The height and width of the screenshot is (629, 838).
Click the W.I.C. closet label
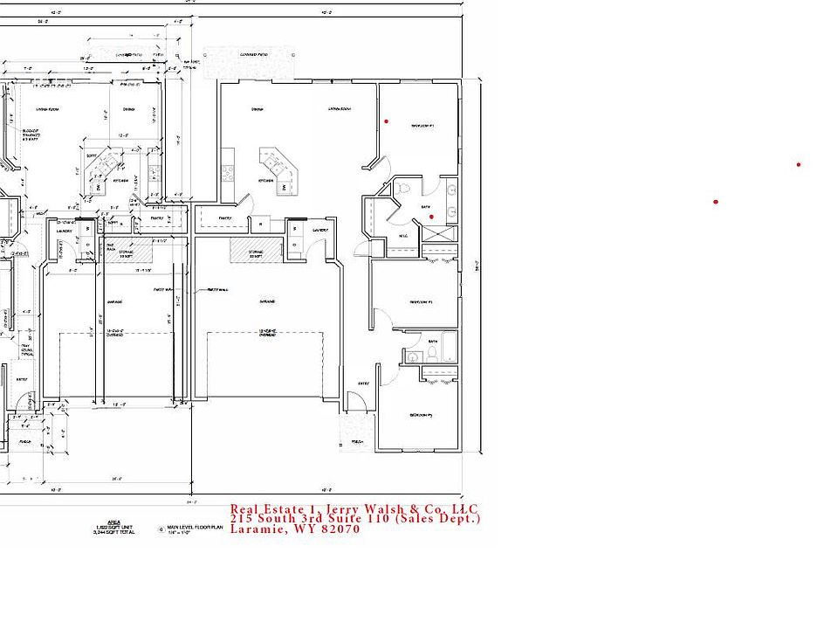[x=403, y=236]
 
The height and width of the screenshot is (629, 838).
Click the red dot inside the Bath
[x=431, y=217]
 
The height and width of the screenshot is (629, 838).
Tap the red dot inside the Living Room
[x=387, y=121]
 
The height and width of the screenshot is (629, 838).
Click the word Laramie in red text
[x=259, y=529]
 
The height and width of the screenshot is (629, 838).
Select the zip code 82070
[x=340, y=529]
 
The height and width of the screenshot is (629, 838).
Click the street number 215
[x=242, y=518]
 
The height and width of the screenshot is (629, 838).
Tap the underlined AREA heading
[x=113, y=521]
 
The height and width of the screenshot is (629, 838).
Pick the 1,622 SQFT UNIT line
[x=113, y=527]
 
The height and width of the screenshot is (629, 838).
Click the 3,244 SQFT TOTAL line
[x=113, y=533]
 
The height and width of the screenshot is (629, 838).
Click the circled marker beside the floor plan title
[x=161, y=529]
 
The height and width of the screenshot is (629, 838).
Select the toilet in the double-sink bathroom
[x=403, y=188]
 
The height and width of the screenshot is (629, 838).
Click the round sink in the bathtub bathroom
[x=412, y=356]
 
